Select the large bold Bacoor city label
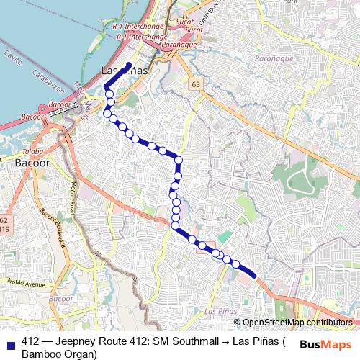[x=32, y=163]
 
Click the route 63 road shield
[x=196, y=84]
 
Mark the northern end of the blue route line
[x=129, y=65]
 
